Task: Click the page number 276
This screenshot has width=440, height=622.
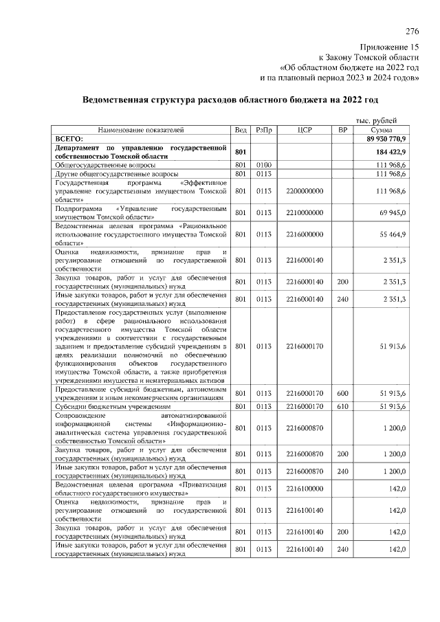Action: coord(411,32)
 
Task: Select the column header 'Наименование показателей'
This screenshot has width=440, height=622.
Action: coord(141,129)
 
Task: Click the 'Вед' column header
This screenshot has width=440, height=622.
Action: coord(240,129)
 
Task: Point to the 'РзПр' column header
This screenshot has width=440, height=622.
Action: coord(263,129)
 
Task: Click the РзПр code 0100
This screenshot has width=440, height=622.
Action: coord(263,165)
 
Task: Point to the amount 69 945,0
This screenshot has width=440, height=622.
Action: coord(393,213)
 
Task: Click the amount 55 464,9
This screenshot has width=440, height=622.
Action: coord(393,234)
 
